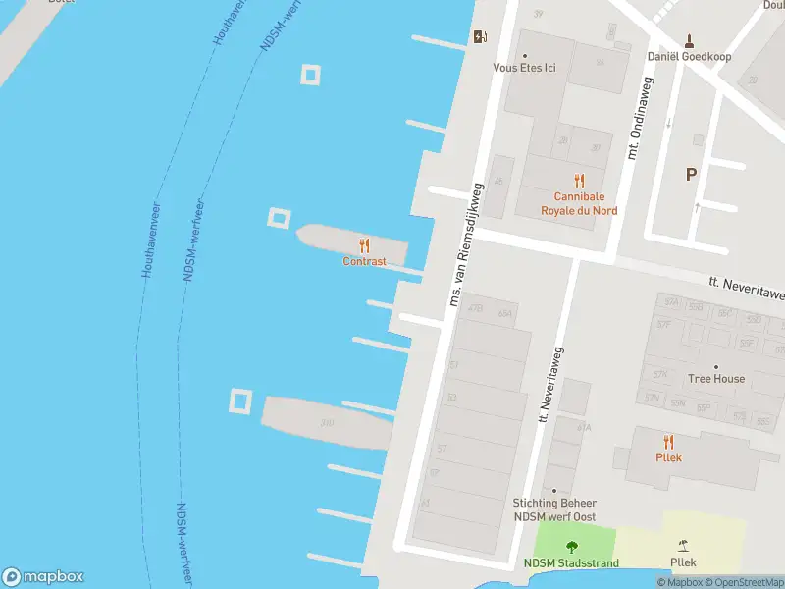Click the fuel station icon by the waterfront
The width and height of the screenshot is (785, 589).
(479, 37)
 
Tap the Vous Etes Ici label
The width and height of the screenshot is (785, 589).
(523, 68)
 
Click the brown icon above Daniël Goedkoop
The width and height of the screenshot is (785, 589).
(689, 40)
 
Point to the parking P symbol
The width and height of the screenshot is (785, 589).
(691, 175)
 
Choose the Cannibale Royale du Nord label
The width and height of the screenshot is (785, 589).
(579, 203)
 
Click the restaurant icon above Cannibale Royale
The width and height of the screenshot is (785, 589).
(579, 181)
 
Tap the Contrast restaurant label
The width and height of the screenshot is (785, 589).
(364, 262)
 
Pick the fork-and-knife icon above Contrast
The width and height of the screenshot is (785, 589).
(364, 245)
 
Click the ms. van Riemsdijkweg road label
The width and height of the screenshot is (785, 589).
(465, 243)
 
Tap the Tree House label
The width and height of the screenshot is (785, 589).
(715, 379)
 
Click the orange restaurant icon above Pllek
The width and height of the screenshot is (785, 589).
(669, 442)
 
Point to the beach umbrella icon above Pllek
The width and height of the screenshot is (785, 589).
(683, 546)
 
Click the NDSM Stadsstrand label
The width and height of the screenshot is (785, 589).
(571, 563)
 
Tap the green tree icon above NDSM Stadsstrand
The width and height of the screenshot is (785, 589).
(571, 547)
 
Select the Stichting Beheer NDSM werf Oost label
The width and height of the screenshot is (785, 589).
(554, 509)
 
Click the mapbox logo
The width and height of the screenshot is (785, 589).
(43, 577)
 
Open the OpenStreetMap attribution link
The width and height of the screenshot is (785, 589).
(744, 583)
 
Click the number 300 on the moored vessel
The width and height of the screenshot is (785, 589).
(327, 423)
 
